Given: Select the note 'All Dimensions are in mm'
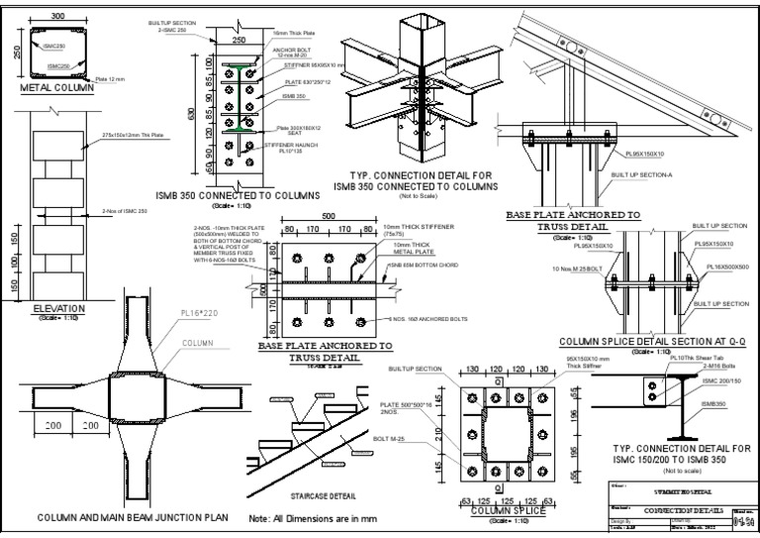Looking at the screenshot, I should pos(316,518).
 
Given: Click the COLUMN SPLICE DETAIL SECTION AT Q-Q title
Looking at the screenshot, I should pos(651,340).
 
